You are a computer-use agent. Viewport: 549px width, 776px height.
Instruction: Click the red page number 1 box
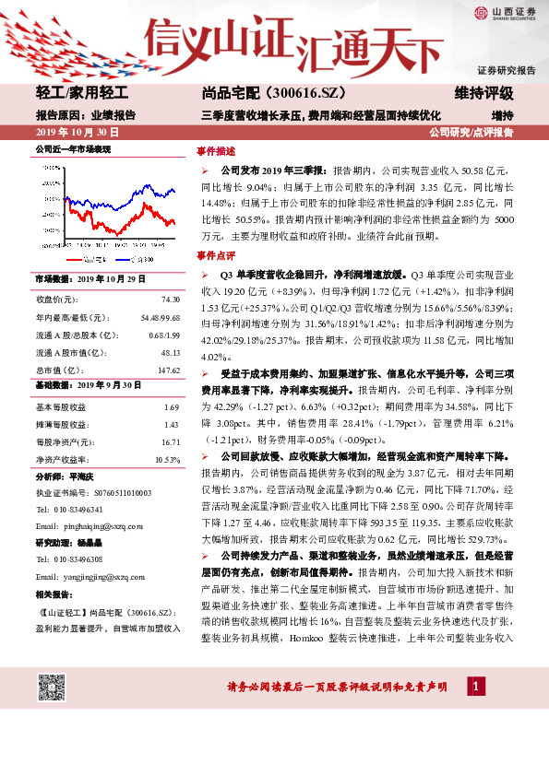click(475, 687)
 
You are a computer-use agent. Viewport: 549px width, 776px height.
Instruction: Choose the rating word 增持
click(502, 115)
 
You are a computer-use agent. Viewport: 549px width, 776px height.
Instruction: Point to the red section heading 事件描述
click(216, 150)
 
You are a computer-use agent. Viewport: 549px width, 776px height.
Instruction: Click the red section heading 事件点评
click(216, 255)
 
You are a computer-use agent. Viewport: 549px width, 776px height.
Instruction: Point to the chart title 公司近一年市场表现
click(73, 148)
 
